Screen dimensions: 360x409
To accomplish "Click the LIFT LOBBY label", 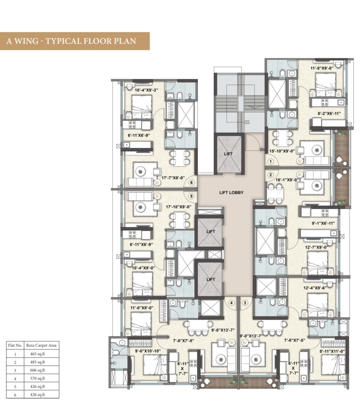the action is pos(231,193).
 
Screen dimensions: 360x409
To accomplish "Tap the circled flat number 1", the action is pos(271,161).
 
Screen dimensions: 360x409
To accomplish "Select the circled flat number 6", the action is pos(192,183).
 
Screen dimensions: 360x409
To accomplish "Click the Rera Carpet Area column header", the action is pos(41,345).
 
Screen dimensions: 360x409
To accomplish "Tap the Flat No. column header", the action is pos(15,345).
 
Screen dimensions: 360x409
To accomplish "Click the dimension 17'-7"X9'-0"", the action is pos(173,178).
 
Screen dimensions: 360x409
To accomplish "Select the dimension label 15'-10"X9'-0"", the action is pos(282,151).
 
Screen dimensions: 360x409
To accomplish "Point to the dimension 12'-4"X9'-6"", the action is pos(315,288).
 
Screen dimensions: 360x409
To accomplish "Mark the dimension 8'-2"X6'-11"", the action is pos(329,114).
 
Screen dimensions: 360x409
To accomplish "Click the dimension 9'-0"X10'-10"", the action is pos(148,351).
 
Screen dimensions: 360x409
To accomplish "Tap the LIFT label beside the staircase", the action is pos(228,154).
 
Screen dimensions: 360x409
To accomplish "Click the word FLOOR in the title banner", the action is pos(98,41).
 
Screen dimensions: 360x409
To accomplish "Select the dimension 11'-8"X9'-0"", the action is pos(322,68).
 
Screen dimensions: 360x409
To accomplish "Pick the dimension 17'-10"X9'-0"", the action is pos(179,207).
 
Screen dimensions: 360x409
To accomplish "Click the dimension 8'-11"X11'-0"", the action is pos(332,351).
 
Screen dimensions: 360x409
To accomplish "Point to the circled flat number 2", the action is pos(271,175).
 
